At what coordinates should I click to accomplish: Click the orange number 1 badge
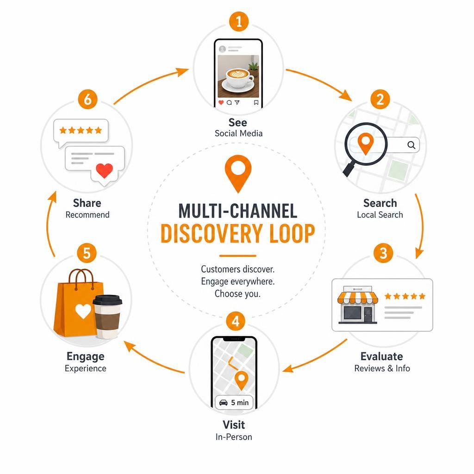coord(239,21)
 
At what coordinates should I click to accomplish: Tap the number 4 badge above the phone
coord(236,321)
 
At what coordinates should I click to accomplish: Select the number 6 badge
coord(87,99)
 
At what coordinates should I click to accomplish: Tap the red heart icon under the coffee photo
coord(221,102)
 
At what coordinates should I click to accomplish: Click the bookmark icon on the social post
coord(256,102)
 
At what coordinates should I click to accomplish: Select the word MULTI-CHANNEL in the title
coord(238,211)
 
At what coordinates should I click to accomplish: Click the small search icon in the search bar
coord(411,145)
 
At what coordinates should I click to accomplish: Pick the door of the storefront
coord(368,315)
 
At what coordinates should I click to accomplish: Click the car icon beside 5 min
coord(224,403)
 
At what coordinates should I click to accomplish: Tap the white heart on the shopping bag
coord(83,311)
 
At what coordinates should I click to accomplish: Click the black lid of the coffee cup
coord(107,300)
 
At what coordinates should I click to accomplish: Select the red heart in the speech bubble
coord(104,170)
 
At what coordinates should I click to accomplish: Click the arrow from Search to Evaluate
coord(422,226)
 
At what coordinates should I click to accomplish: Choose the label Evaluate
coord(381,356)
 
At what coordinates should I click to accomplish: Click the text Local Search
coord(380,215)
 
